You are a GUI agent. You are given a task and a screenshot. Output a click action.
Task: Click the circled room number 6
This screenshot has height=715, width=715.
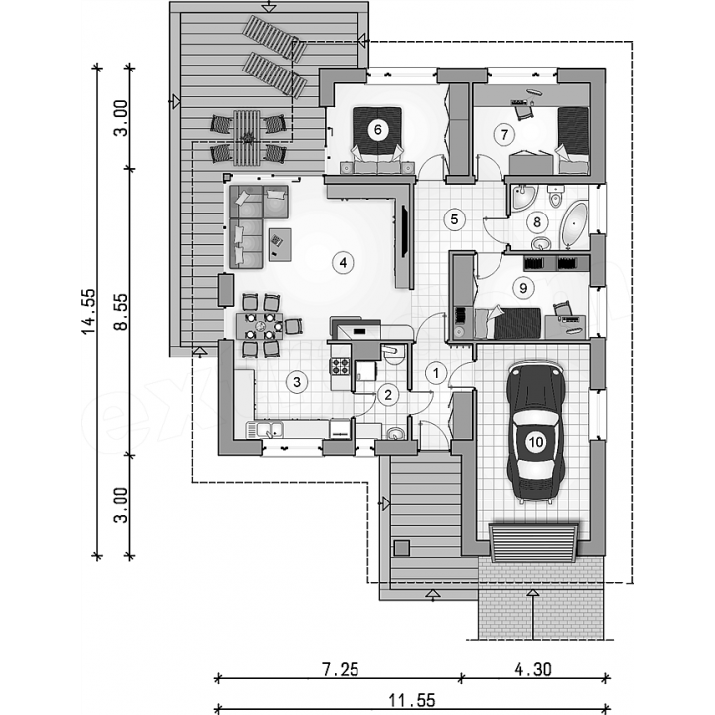tap(378, 130)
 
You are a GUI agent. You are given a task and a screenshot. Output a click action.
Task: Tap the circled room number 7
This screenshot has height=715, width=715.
tap(504, 135)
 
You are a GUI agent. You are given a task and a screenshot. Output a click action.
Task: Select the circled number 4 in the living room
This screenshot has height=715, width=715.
tap(343, 262)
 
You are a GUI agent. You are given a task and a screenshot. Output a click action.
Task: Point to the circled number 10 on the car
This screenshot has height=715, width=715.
tap(536, 441)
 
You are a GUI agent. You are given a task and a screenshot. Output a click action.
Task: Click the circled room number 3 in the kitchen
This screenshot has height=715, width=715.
tap(297, 381)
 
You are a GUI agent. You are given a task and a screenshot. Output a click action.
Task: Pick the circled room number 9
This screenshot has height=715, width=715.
tap(523, 288)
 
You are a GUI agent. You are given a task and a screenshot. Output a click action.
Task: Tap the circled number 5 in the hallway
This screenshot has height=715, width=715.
tap(454, 219)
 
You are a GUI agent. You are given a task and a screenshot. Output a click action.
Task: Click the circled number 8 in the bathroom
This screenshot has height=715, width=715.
tap(536, 222)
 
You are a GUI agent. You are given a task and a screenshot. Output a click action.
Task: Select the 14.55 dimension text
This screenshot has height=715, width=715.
tap(89, 311)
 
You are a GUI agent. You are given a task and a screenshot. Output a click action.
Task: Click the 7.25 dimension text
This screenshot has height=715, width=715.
tap(341, 670)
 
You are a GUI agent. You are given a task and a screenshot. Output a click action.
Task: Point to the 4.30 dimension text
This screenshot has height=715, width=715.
tap(533, 670)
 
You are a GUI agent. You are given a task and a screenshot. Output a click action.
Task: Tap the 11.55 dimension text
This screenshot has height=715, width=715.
tap(412, 699)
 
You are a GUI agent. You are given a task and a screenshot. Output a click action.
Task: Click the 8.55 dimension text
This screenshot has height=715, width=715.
tap(121, 312)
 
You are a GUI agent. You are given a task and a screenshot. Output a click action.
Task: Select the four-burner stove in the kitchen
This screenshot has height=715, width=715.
tap(341, 366)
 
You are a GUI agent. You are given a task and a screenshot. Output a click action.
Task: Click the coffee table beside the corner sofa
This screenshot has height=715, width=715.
tap(280, 244)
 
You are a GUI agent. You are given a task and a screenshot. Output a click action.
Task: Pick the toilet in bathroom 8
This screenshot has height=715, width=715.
tap(555, 196)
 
